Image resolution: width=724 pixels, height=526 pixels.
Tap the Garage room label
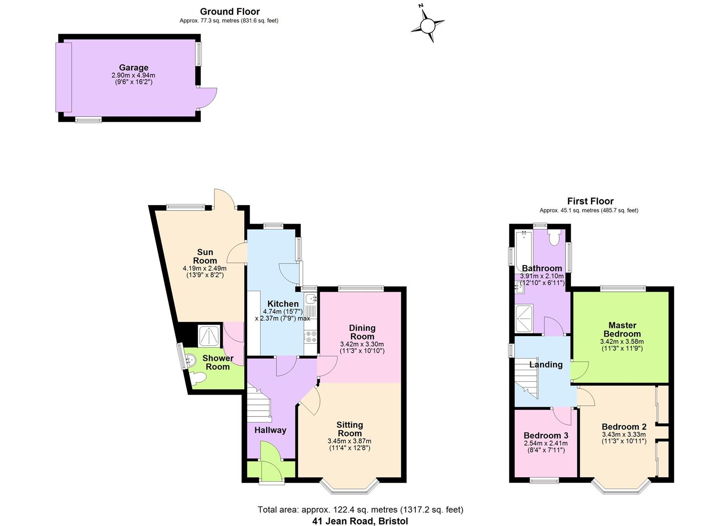134,68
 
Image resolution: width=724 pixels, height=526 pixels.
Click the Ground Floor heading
230,12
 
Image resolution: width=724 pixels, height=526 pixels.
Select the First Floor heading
590,201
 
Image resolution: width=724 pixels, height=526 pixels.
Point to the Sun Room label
205,256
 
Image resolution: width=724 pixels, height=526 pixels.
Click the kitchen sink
310,299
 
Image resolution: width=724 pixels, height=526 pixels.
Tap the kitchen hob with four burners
311,337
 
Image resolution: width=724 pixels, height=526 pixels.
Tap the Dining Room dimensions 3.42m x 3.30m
362,344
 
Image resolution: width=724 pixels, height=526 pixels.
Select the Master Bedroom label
622,329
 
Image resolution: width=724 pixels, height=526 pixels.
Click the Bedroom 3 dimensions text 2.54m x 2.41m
546,443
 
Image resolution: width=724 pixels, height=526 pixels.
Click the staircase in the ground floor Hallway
259,402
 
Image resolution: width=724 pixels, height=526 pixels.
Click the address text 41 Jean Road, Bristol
360,521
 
